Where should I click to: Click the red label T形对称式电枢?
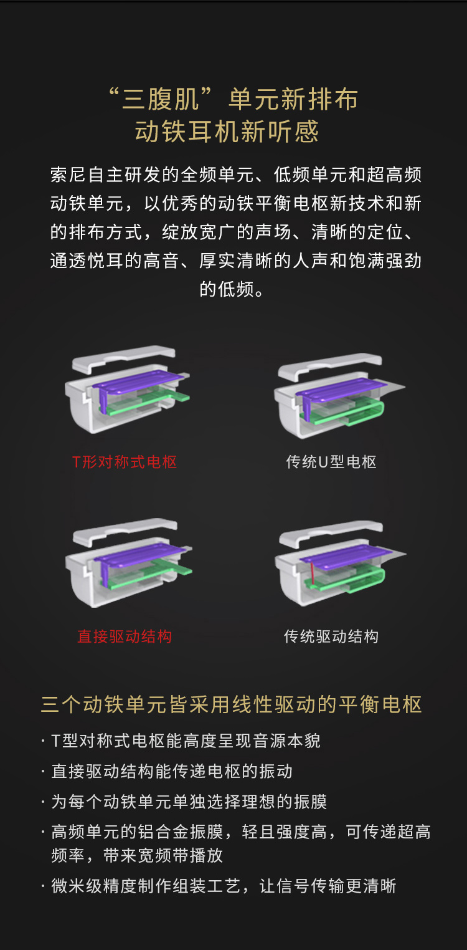(x=124, y=462)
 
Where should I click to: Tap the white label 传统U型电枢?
(x=331, y=462)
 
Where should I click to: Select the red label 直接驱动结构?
(x=125, y=636)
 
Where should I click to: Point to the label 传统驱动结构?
(x=331, y=636)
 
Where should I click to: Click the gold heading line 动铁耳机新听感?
(x=227, y=131)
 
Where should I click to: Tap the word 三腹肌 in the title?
(x=161, y=100)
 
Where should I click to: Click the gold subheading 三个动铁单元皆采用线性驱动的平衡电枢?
(x=232, y=704)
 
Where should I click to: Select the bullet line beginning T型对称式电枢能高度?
(x=186, y=741)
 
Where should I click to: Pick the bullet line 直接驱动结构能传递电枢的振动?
(x=172, y=771)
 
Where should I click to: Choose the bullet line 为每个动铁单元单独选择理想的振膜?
(x=189, y=802)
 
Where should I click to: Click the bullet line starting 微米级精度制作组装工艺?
(x=224, y=886)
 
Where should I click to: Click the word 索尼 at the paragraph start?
(x=68, y=175)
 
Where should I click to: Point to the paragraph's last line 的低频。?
(x=232, y=289)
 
